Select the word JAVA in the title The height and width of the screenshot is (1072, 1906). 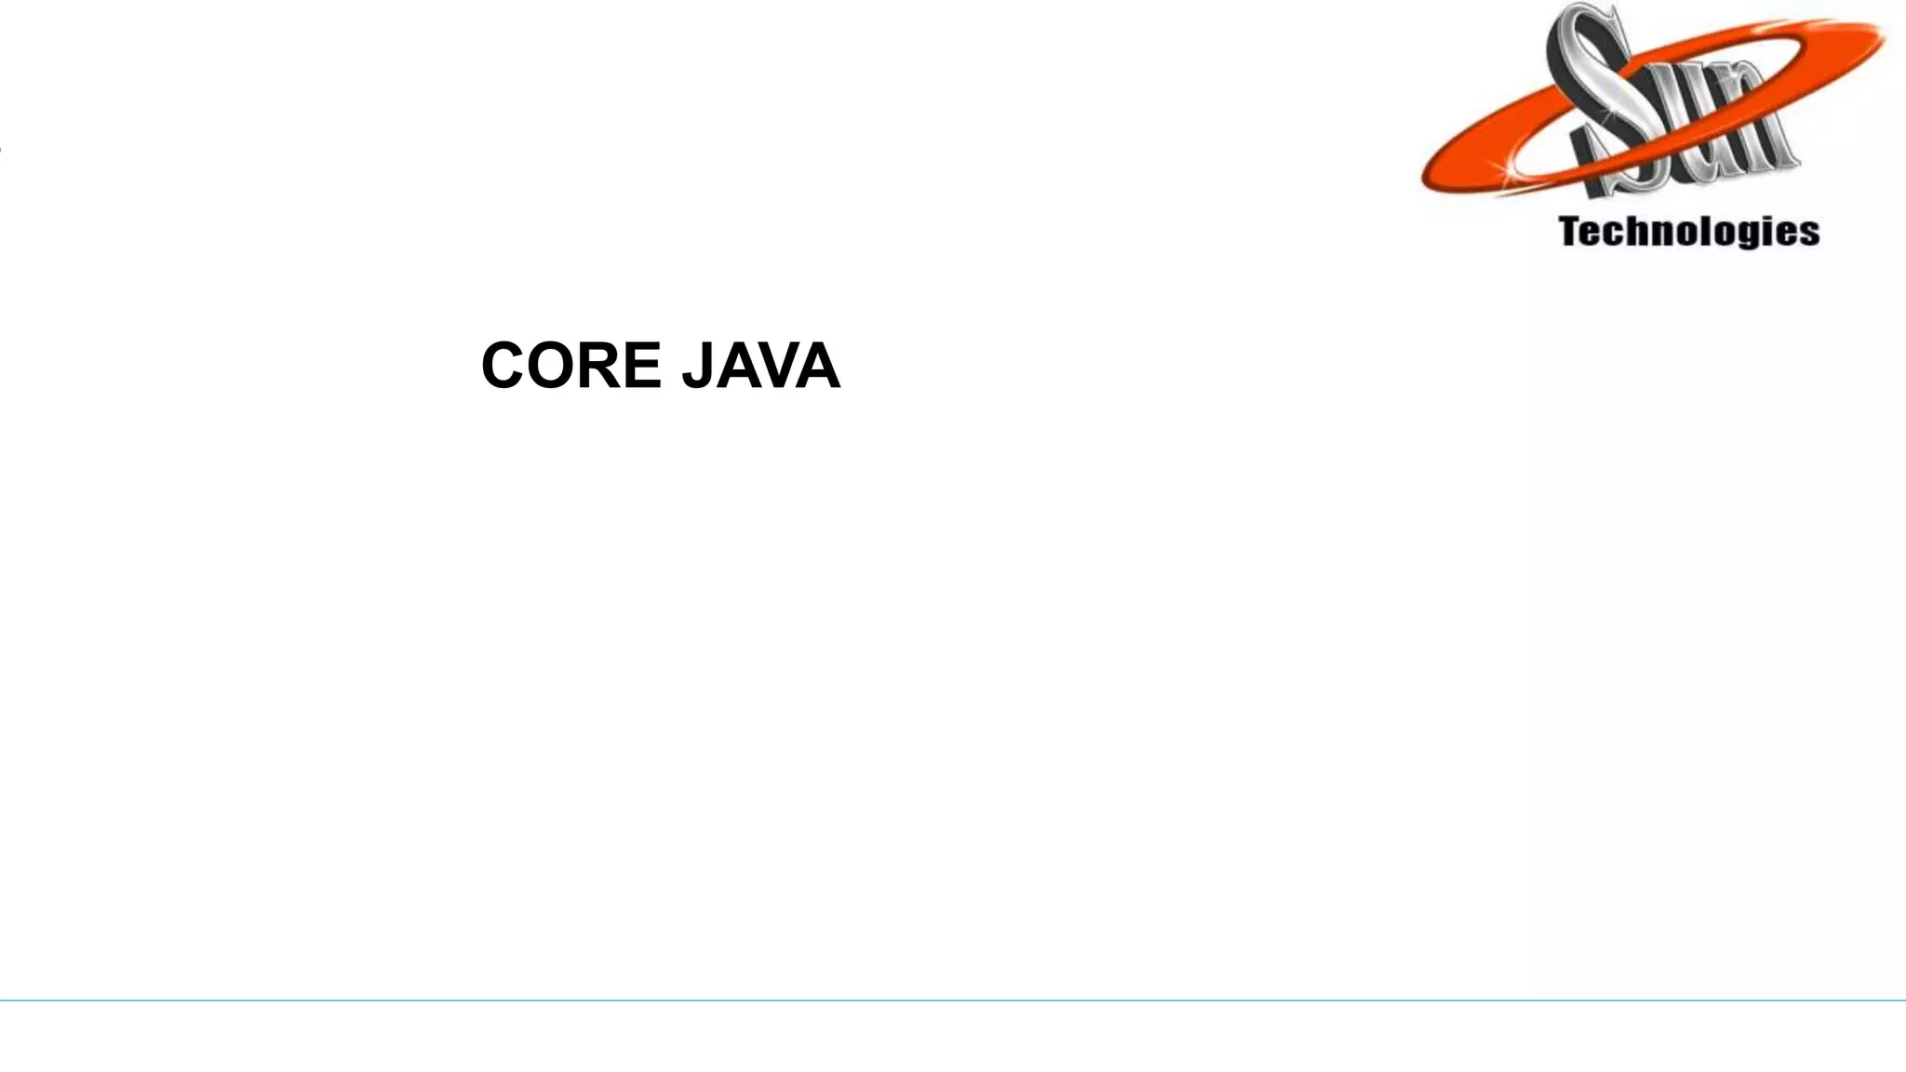point(760,366)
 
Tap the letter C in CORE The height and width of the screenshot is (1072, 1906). point(507,366)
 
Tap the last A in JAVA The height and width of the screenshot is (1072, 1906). point(818,366)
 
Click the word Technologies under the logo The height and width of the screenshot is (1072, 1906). point(1688,232)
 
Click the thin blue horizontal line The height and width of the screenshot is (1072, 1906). point(953,1000)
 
